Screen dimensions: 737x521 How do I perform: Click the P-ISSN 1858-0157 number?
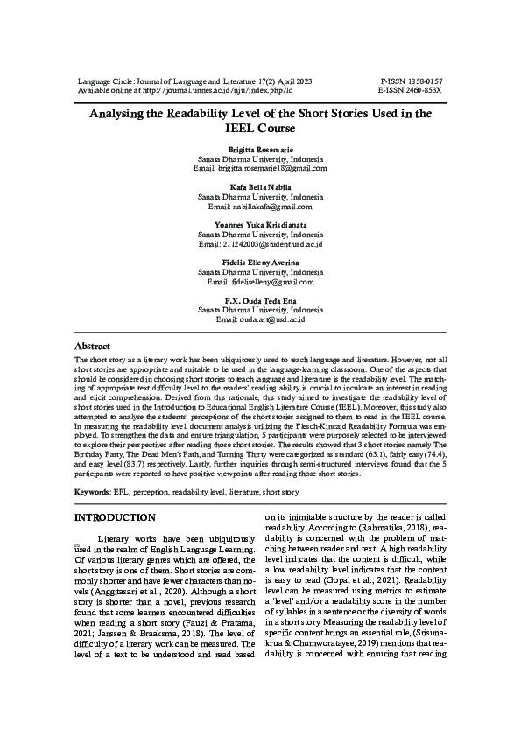coord(411,81)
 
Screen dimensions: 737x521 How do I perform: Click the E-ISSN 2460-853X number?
coord(411,89)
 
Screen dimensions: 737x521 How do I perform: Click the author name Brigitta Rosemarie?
coord(260,151)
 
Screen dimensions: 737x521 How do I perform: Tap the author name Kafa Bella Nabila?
coord(260,187)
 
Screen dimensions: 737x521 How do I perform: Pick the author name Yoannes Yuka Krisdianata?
coord(260,225)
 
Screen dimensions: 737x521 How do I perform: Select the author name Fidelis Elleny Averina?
coord(260,263)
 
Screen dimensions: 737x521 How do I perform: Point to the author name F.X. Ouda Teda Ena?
coord(260,300)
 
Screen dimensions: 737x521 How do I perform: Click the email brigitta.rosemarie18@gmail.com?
coord(271,168)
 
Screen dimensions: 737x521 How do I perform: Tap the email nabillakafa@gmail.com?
coord(271,206)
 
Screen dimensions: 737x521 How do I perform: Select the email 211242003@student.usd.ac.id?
coord(272,244)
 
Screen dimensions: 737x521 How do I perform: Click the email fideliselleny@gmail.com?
coord(271,282)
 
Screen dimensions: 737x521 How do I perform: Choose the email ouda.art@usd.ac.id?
coord(271,319)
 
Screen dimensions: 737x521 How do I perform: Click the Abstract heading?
coord(92,347)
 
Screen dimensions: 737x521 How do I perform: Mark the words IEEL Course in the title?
coord(260,128)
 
